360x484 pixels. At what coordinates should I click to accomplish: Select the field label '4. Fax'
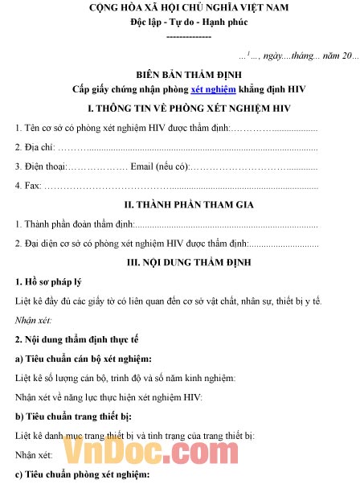[x=29, y=186]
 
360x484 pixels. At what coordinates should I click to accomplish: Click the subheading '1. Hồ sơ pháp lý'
[x=49, y=281]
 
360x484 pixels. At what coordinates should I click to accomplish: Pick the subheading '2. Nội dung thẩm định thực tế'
[x=75, y=339]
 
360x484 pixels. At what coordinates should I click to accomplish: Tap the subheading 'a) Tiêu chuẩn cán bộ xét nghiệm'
[x=84, y=358]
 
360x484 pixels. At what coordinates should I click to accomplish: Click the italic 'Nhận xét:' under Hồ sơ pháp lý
[x=35, y=320]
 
